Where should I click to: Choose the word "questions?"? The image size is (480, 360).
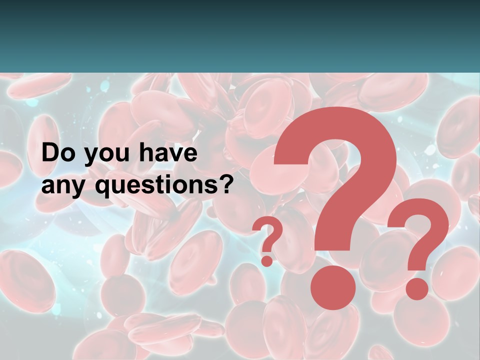pos(164,186)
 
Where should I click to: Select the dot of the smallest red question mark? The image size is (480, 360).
pos(267,260)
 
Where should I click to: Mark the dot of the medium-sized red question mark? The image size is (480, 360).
pos(417,289)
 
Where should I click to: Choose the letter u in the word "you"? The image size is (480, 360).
pos(117,155)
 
